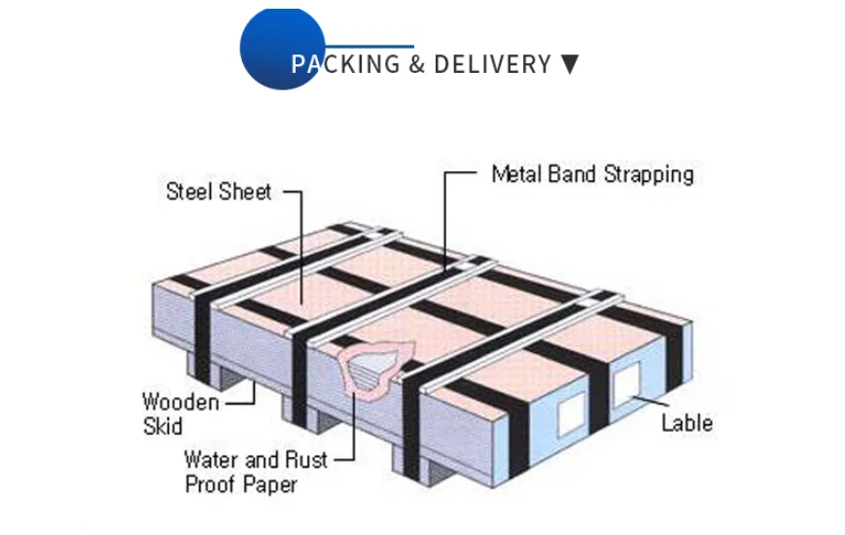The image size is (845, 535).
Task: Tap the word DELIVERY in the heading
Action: pyautogui.click(x=492, y=65)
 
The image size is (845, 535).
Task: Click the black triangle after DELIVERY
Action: pyautogui.click(x=570, y=65)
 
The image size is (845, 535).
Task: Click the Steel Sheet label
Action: pyautogui.click(x=219, y=191)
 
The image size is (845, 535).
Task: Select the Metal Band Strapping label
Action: pyautogui.click(x=592, y=174)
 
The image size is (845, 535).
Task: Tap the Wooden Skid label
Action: pyautogui.click(x=180, y=412)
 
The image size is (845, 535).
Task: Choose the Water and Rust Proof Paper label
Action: pyautogui.click(x=256, y=471)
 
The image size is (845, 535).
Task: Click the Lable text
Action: pyautogui.click(x=687, y=423)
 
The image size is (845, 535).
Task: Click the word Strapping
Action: pyautogui.click(x=650, y=175)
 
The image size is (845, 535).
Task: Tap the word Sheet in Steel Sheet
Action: pyautogui.click(x=244, y=191)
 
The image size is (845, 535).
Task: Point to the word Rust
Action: pyautogui.click(x=307, y=459)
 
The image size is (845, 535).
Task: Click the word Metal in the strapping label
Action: pyautogui.click(x=514, y=174)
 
